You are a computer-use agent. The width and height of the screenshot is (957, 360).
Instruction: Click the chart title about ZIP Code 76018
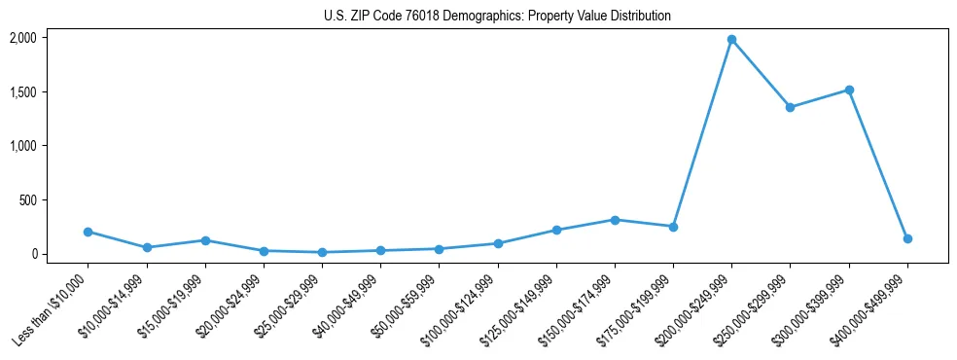pos(497,17)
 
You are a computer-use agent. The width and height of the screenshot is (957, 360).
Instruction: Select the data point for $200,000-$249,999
pos(731,40)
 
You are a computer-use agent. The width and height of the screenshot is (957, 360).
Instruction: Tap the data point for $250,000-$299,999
pos(791,107)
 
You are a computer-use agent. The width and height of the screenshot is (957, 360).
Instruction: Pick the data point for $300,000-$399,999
pos(849,90)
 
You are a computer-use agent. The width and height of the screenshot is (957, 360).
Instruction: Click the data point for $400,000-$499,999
pos(907,238)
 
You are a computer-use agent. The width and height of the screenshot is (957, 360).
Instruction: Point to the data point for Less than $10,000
pos(89,232)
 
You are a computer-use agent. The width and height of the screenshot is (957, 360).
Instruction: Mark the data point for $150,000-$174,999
pos(615,220)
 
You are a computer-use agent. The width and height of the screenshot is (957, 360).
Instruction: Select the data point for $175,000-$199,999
pos(673,227)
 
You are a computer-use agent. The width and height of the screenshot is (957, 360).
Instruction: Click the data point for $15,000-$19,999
pos(205,240)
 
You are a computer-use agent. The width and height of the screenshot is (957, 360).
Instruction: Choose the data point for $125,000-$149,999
pos(556,230)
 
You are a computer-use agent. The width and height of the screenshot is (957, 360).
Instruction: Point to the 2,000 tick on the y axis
pos(22,38)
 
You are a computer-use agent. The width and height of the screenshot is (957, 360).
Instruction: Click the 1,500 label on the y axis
pos(22,92)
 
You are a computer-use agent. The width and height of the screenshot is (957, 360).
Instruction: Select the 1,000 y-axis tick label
pos(22,146)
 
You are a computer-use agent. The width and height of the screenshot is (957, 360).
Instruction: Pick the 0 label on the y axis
pos(33,254)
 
